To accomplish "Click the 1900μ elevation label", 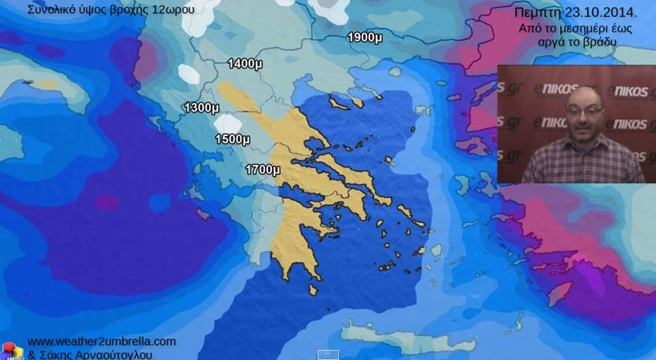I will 365,37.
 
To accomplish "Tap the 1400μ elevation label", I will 245,63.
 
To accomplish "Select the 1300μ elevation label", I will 201,107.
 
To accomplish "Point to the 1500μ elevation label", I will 232,139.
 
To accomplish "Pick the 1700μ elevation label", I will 262,169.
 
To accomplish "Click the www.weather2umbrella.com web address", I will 101,341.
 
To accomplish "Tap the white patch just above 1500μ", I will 229,124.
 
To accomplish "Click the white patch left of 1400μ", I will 189,73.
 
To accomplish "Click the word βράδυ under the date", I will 600,42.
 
